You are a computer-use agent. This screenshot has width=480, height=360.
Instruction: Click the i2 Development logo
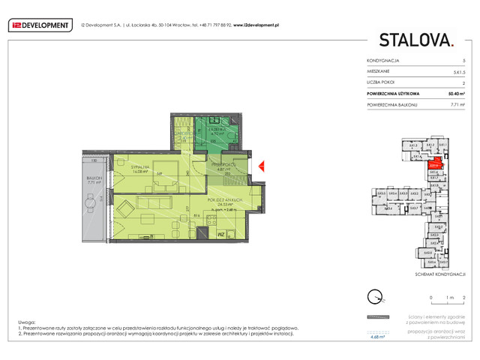39,25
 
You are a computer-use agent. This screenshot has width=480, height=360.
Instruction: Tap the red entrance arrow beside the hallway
260,166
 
